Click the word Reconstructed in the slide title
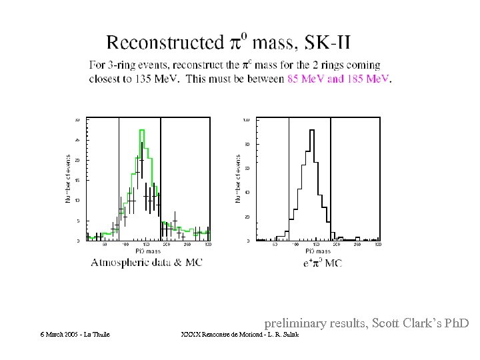pos(165,43)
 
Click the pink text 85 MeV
pos(306,79)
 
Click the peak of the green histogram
pos(142,131)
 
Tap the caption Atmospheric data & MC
pos(147,263)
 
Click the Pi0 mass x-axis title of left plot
pos(148,251)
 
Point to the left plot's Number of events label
pos(67,179)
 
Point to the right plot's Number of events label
pos(237,179)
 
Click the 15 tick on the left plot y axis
pos(77,180)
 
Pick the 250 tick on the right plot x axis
pos(357,245)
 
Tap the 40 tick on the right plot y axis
pos(247,193)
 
